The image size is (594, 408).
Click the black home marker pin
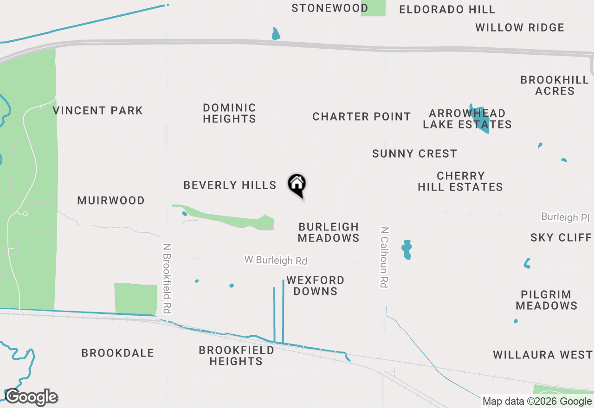297,185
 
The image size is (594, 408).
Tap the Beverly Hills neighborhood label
230,185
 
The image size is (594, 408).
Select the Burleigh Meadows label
329,232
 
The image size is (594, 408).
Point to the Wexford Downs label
315,286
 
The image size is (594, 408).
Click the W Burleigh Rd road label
276,260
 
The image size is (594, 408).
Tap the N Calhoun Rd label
384,257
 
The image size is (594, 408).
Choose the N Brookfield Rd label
168,279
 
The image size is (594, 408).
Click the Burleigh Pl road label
565,217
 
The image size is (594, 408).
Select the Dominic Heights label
229,113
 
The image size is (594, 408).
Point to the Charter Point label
362,116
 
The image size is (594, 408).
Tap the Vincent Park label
97,111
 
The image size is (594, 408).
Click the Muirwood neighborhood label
111,201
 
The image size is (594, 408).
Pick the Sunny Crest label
414,154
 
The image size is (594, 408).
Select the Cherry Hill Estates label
460,181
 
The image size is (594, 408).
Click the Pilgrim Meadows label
546,300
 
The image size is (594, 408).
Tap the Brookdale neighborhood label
117,353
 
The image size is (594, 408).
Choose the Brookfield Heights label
236,356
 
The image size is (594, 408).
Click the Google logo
32,397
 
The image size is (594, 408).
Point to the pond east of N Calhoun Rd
407,249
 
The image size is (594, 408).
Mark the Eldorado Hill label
447,9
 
